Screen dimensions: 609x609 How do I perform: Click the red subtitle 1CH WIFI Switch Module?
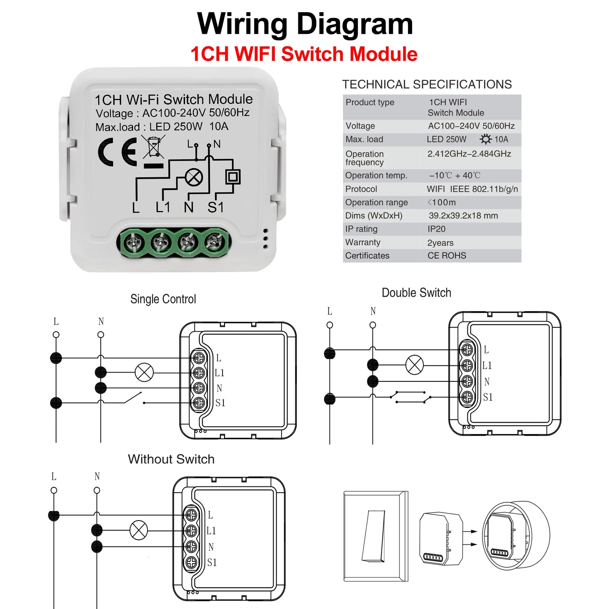point(304,54)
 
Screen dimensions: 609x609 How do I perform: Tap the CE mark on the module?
point(117,152)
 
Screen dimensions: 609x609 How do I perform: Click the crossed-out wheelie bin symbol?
point(153,148)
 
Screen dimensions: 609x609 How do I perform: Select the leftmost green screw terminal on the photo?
point(133,243)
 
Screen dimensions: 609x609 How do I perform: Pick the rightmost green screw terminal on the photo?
point(215,242)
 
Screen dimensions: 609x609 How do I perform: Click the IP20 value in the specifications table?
point(436,229)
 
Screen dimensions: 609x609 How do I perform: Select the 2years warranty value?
point(440,243)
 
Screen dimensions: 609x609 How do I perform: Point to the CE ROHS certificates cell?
point(447,256)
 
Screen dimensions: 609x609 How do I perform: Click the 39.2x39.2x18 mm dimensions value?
point(463,216)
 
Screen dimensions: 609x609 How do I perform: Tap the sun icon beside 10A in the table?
point(486,139)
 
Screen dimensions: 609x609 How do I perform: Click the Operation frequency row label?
point(365,158)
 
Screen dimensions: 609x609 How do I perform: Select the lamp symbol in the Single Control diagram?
point(144,373)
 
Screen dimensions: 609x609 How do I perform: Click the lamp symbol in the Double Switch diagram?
point(414,365)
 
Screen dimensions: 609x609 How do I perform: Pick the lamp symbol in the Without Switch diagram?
point(139,530)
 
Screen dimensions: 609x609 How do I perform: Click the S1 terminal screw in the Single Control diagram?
point(199,403)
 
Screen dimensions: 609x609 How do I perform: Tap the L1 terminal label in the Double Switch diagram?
point(487,365)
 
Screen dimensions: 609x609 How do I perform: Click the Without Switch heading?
point(171,459)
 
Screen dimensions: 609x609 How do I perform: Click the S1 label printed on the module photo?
point(215,207)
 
